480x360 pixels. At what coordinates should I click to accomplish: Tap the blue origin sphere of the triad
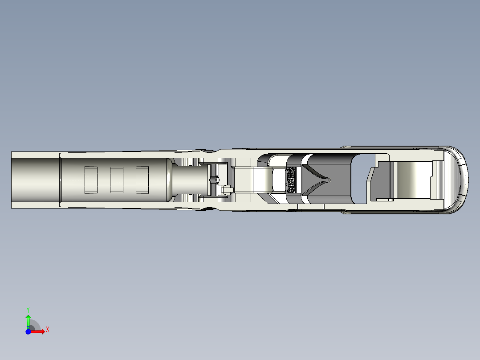[28, 331]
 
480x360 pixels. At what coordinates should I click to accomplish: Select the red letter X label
[47, 329]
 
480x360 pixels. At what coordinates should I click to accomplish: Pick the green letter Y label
[28, 309]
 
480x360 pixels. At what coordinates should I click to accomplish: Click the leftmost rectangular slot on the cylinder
[91, 180]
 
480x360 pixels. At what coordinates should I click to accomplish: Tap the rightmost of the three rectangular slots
[142, 180]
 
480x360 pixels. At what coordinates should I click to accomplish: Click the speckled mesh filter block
[292, 180]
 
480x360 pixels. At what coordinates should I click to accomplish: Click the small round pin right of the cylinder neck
[214, 180]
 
